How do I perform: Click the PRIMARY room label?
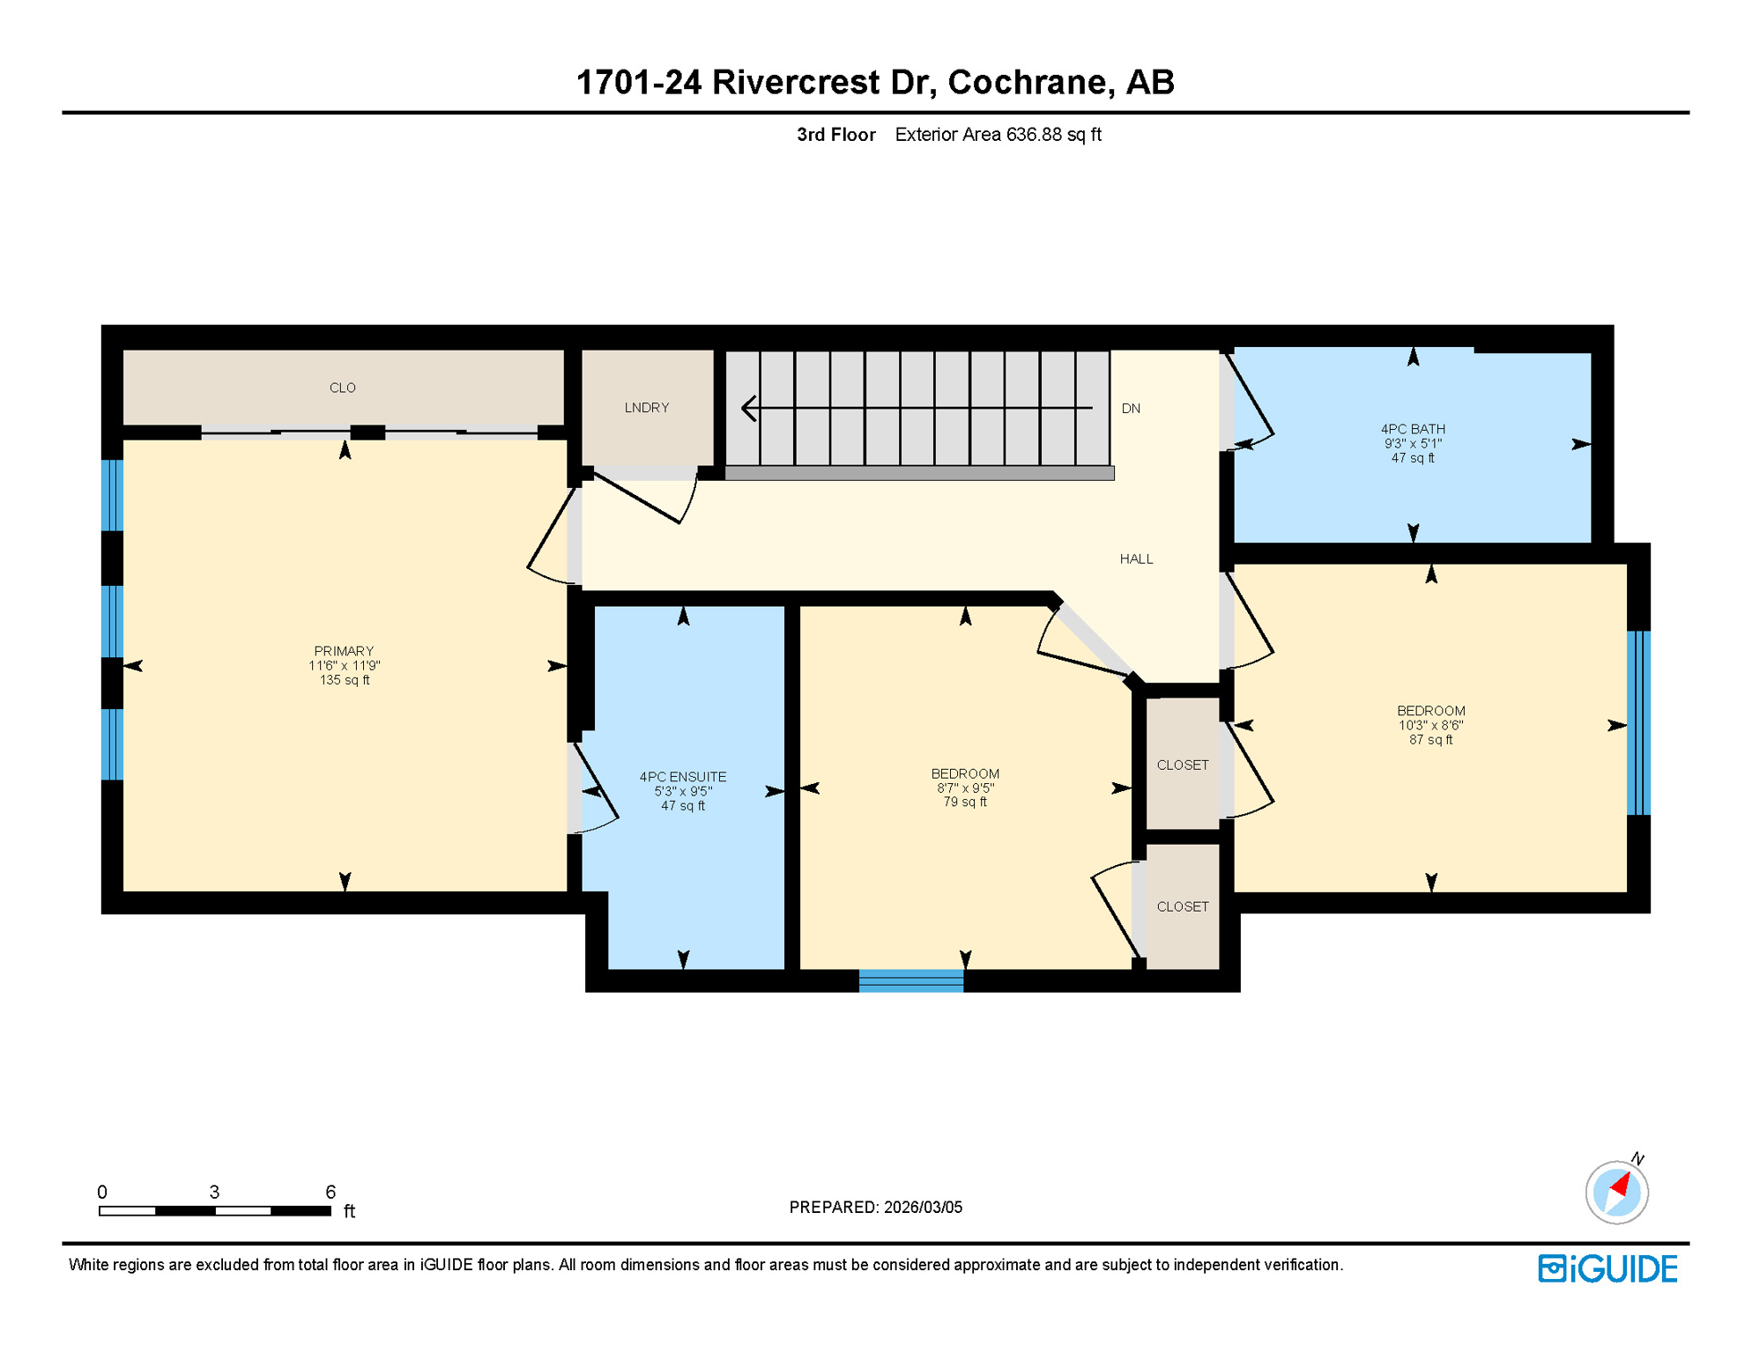(344, 651)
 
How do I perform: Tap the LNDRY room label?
(647, 408)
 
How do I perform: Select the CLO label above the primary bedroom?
(343, 388)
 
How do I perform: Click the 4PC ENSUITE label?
(683, 777)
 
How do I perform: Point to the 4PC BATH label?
(1413, 429)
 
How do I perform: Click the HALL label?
(1136, 558)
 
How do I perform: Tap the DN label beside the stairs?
(1131, 409)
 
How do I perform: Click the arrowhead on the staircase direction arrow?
(749, 408)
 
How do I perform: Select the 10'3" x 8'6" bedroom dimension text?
(1430, 726)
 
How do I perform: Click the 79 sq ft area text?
(965, 802)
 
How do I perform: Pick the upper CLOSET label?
(1182, 765)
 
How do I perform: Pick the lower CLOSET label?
(1182, 906)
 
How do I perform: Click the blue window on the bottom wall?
(910, 980)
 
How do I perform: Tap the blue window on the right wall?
(1637, 723)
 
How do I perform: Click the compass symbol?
(1616, 1193)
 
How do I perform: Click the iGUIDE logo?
(1607, 1268)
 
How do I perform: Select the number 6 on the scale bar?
(330, 1192)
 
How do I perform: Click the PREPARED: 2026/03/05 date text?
(875, 1208)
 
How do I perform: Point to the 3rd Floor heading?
(835, 135)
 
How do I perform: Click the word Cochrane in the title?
(1027, 82)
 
